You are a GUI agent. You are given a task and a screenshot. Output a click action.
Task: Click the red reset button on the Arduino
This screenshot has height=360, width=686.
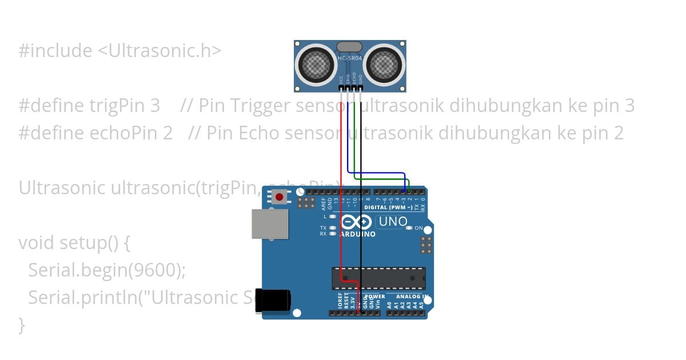click(279, 197)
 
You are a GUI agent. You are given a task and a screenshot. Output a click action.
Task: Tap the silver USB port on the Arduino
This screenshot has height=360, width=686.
click(270, 223)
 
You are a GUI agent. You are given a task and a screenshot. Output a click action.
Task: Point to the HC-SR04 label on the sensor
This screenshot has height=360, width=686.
click(349, 58)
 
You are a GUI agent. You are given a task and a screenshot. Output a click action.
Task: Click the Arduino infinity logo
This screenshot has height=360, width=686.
click(356, 223)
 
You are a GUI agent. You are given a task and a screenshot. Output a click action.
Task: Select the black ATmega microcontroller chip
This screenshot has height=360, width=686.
click(378, 278)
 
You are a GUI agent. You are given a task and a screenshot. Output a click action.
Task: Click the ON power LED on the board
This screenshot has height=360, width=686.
click(408, 228)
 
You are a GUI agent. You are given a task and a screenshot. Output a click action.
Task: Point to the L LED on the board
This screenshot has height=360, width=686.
click(332, 217)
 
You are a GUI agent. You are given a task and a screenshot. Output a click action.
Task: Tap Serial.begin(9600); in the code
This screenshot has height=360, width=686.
click(107, 270)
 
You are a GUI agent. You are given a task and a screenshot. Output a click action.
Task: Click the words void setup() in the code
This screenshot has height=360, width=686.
click(74, 243)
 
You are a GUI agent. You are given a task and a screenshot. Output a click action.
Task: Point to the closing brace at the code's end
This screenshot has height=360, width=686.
click(22, 325)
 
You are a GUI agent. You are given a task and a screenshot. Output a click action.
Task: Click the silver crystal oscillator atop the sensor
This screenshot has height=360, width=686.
click(349, 46)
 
